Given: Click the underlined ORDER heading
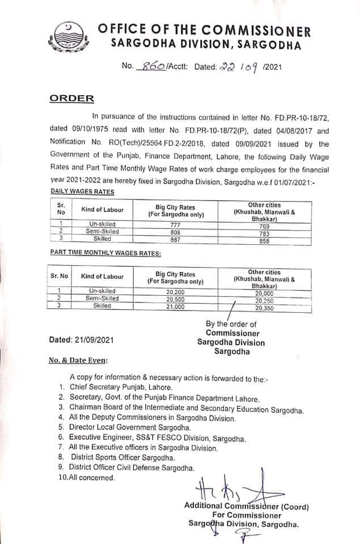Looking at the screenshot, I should pos(72,98).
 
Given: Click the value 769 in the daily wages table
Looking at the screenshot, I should pos(264,224).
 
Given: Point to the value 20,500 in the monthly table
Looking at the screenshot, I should pos(175,298).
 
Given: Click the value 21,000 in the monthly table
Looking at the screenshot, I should pos(175,305).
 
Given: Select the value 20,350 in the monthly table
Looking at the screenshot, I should pos(264,309).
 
